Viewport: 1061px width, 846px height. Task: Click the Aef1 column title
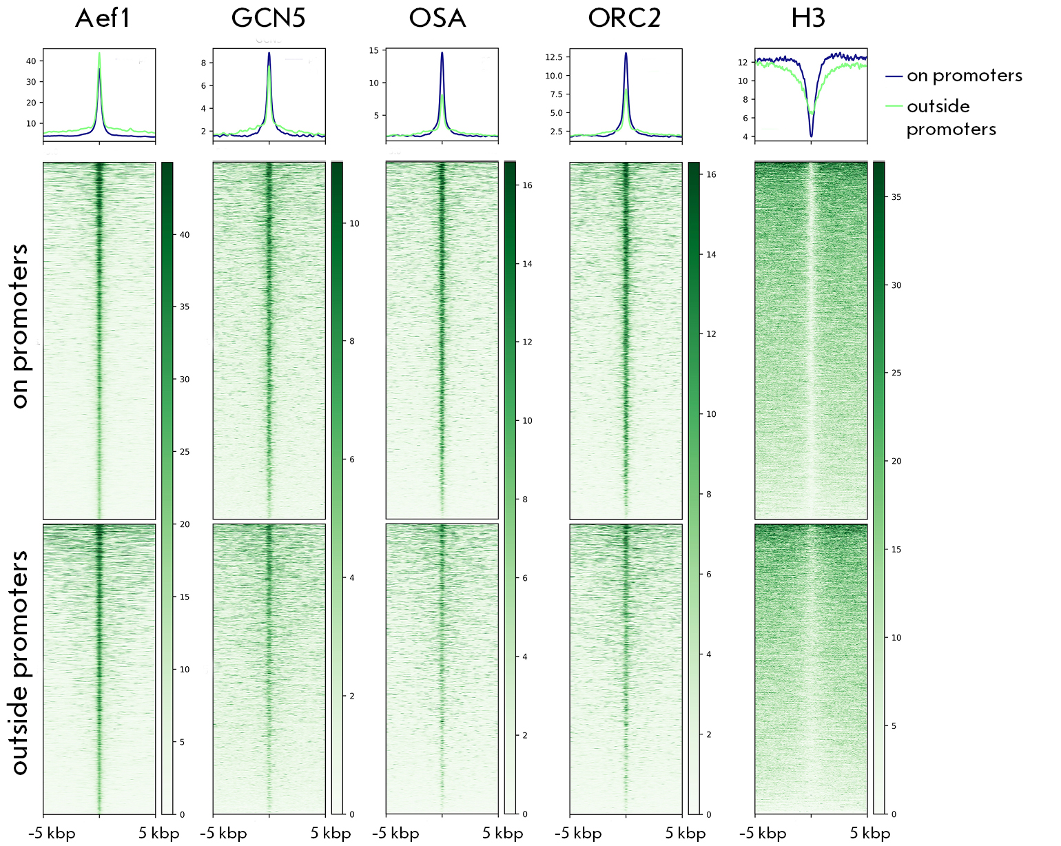click(x=103, y=18)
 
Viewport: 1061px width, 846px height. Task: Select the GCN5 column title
click(x=268, y=18)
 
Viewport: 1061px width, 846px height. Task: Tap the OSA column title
click(x=437, y=18)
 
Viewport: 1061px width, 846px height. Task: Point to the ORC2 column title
click(x=624, y=18)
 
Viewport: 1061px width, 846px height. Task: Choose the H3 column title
click(x=808, y=18)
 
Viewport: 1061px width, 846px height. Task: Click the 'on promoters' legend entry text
click(x=965, y=76)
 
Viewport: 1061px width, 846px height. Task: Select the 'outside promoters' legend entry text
click(x=951, y=118)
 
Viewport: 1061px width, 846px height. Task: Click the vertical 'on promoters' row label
click(x=20, y=326)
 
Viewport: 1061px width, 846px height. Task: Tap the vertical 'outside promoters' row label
click(x=20, y=662)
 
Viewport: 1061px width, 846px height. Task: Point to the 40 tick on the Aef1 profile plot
click(x=31, y=61)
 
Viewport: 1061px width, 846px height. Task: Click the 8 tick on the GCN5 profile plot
click(x=203, y=63)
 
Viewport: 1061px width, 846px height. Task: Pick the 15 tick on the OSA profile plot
click(x=374, y=50)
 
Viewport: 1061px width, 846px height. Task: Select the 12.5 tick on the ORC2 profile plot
click(x=554, y=57)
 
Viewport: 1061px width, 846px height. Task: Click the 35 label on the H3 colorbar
click(x=896, y=197)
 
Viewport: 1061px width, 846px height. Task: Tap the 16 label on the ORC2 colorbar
click(x=711, y=175)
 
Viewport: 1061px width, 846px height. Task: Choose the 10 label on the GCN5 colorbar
click(x=354, y=224)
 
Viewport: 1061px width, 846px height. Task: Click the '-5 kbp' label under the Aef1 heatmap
click(x=52, y=834)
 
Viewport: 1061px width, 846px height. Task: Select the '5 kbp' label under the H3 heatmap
click(x=870, y=834)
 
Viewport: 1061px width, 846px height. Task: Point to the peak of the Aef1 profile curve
click(x=99, y=53)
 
